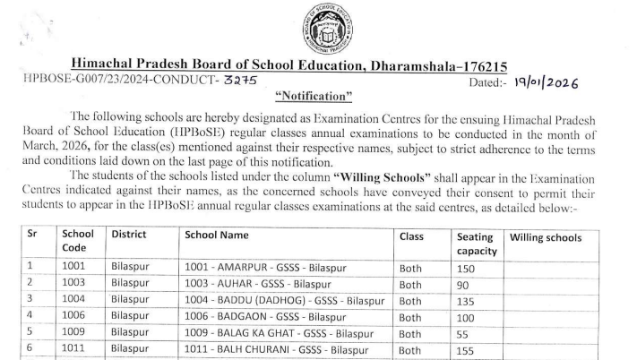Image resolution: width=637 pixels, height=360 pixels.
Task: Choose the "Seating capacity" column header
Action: (x=475, y=245)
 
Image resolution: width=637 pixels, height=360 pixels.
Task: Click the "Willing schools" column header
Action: (x=546, y=238)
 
